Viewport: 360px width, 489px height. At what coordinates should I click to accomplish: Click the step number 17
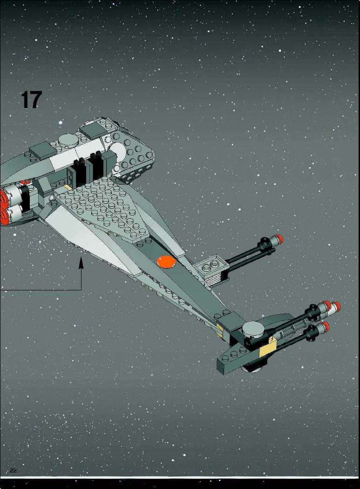(x=31, y=100)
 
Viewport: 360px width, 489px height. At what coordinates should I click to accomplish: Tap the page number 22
(x=13, y=471)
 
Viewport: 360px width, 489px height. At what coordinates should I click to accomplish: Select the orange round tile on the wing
(x=166, y=262)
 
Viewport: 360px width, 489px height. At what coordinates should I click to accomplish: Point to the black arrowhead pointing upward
(x=82, y=262)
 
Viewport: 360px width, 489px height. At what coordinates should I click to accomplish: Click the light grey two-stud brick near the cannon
(x=211, y=267)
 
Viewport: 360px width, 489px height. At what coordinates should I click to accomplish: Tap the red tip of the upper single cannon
(x=279, y=239)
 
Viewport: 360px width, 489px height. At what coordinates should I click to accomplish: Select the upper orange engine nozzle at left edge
(x=4, y=196)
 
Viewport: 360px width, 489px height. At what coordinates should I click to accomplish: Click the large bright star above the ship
(x=61, y=123)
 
